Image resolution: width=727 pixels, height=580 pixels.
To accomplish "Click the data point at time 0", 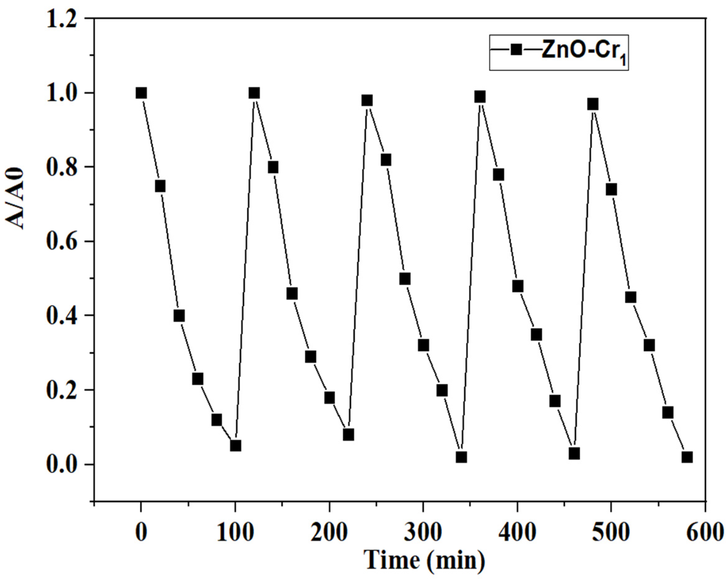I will pos(141,93).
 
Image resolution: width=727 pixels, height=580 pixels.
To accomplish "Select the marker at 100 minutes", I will pos(235,446).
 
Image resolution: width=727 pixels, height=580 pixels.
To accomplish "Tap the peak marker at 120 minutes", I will pos(254,93).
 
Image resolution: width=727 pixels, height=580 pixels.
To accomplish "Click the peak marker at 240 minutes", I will pos(367,100).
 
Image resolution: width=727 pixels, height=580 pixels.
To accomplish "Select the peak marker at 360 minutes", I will pos(480,97).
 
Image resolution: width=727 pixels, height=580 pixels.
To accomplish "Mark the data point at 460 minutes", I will pos(574,453).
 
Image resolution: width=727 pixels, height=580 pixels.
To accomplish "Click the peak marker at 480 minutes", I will pos(593,104).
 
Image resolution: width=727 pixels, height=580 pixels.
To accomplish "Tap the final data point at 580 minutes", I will pos(687,457).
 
